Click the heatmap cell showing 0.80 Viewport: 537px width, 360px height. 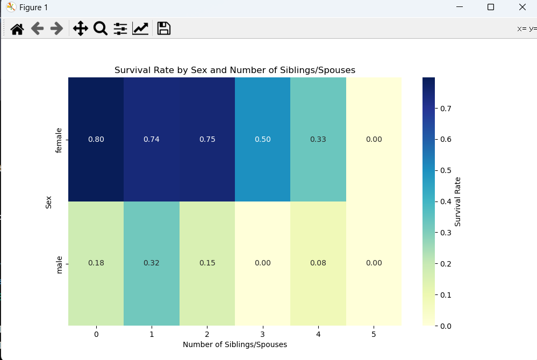[96, 139]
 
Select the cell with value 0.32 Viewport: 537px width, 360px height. [152, 263]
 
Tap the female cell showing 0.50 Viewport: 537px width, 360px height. [263, 139]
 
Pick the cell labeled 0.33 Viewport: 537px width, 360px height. [318, 139]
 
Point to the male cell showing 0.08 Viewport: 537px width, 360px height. [318, 263]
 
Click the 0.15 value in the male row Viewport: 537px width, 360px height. [207, 263]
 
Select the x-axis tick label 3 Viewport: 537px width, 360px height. [263, 334]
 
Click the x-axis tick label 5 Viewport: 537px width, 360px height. [374, 334]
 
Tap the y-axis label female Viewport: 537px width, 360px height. [59, 140]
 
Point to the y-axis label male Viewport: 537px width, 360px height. [59, 264]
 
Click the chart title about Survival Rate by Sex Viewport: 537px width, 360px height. [235, 70]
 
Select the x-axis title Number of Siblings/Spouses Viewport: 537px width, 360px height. [235, 344]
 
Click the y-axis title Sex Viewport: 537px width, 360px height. [48, 202]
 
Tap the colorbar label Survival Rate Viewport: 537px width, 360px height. [458, 201]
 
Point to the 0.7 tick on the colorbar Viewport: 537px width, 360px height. [446, 109]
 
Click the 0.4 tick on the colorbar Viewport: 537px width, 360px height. [446, 201]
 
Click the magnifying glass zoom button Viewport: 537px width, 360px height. [100, 28]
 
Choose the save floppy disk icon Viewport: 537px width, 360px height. [164, 28]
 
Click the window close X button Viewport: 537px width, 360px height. [522, 7]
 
